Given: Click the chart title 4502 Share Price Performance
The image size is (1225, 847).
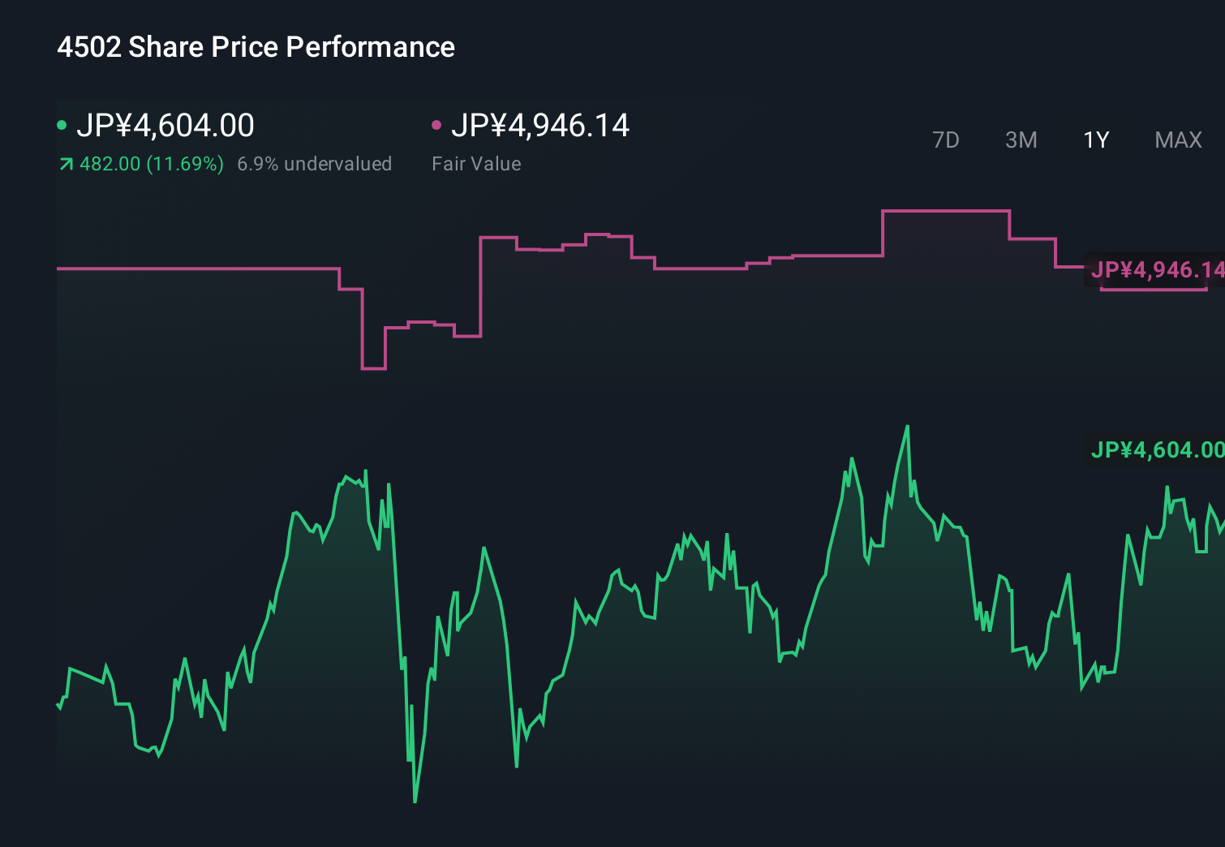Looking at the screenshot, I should click(256, 47).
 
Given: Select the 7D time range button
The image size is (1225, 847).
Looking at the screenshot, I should click(945, 140).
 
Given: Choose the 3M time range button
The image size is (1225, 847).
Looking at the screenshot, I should click(1021, 140).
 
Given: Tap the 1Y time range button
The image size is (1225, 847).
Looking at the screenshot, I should click(1096, 140).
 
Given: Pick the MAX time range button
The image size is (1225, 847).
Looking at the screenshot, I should click(1178, 140).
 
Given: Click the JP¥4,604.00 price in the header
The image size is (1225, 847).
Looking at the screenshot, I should click(165, 126).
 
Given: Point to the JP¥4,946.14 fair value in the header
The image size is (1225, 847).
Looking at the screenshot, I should click(540, 126).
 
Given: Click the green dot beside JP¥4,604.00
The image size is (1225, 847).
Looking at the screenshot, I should click(62, 125).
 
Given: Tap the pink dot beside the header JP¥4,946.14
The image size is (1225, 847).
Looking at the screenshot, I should click(436, 125).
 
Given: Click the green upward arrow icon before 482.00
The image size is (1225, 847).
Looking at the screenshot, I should click(66, 165).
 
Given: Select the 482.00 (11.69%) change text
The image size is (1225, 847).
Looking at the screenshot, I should click(152, 164).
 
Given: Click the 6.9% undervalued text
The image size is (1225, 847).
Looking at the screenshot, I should click(315, 164).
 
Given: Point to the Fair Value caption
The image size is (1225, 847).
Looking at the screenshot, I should click(476, 164).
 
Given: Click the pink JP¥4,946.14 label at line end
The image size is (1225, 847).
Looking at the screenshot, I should click(1156, 269).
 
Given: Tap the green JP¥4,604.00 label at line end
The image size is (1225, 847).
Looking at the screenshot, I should click(1156, 449).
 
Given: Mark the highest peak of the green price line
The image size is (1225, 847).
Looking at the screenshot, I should click(907, 427).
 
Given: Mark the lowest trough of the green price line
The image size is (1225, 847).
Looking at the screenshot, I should click(415, 802).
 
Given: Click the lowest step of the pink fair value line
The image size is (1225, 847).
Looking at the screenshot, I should click(373, 368).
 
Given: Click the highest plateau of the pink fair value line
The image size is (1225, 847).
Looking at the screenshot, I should click(946, 211).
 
